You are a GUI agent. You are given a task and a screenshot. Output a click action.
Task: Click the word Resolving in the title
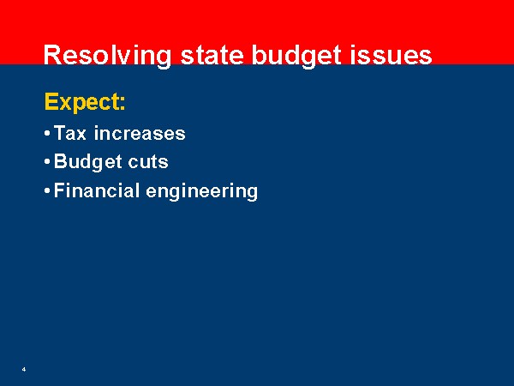[x=107, y=56]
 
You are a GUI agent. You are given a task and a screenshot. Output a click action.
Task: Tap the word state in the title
[x=212, y=55]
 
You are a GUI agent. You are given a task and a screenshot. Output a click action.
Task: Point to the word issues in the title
[x=391, y=55]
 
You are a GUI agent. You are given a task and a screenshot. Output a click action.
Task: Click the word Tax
[x=70, y=133]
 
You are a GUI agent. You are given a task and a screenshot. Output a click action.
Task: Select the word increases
[x=140, y=133]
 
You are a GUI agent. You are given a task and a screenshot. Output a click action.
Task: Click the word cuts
[x=148, y=162]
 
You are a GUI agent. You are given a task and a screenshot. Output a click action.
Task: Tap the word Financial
[x=96, y=190]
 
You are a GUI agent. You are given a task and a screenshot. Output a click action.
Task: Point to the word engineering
[x=201, y=191]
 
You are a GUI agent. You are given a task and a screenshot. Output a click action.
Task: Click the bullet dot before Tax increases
[x=47, y=134]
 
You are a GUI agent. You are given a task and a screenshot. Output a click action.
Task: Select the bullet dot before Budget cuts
[x=47, y=162]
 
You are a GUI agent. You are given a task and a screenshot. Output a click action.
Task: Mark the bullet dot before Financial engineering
[x=47, y=190]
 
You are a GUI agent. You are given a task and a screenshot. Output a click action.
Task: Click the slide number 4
[x=24, y=369]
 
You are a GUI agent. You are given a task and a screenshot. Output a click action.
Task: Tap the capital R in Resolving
[x=51, y=55]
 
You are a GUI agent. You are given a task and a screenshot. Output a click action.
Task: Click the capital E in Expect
[x=51, y=102]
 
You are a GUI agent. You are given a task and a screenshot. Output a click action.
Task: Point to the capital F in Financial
[x=59, y=190]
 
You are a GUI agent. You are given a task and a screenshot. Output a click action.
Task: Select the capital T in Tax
[x=60, y=133]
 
